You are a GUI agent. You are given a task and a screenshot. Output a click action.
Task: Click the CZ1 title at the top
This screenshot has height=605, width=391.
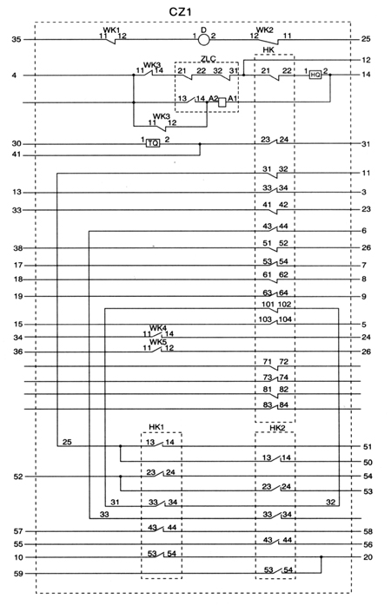click(180, 11)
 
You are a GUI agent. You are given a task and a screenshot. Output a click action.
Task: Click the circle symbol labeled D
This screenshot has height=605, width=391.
click(203, 39)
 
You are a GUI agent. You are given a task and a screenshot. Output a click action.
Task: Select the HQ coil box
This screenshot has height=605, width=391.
click(315, 75)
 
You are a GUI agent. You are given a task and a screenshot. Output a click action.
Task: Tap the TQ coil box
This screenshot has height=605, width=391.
click(153, 143)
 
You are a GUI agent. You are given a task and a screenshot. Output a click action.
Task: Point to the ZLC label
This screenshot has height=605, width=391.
click(208, 59)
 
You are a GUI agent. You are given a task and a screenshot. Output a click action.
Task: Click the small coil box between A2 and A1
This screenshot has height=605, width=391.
click(222, 102)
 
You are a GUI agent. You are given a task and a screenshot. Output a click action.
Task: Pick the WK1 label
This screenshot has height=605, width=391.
click(110, 30)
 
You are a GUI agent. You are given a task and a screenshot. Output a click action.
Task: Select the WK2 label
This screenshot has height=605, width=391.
click(265, 30)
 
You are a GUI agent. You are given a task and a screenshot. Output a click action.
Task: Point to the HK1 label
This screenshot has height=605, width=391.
click(156, 427)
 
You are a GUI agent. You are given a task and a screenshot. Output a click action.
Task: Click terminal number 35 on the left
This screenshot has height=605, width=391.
click(17, 39)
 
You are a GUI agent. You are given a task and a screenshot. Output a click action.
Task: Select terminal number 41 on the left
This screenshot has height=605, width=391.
click(17, 155)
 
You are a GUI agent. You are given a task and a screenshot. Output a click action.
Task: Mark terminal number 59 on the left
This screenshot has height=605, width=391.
click(18, 574)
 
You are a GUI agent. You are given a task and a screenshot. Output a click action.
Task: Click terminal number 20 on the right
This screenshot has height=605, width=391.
click(368, 557)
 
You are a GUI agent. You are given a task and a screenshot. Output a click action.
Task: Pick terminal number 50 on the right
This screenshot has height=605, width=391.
click(368, 463)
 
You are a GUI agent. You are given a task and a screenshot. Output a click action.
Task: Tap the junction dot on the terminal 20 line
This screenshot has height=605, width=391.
click(321, 557)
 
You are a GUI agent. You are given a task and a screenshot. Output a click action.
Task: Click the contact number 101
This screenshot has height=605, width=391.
click(268, 305)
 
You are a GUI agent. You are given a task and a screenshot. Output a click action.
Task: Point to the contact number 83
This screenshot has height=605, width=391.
click(268, 404)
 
